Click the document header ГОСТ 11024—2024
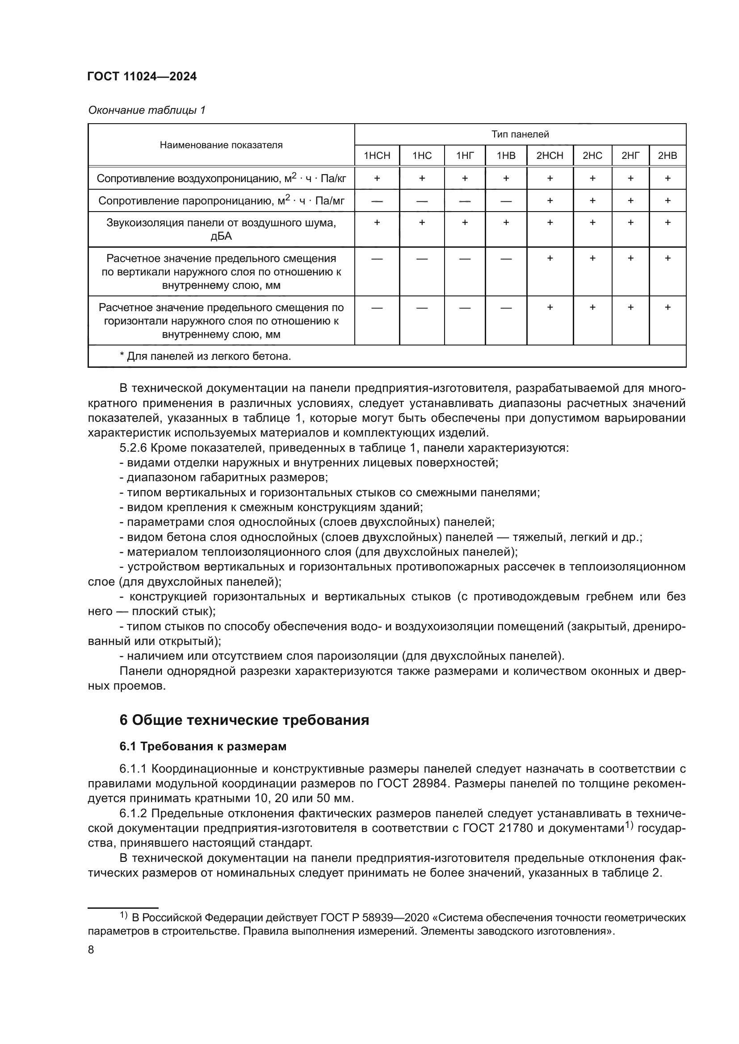point(142,77)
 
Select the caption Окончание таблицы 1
point(147,110)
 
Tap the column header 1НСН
point(377,156)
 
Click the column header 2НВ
point(667,156)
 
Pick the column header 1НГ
point(465,156)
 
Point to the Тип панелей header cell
point(520,135)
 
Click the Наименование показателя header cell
point(221,145)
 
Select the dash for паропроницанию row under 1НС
point(422,201)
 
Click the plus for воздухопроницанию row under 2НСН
point(550,179)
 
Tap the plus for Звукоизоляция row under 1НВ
point(506,223)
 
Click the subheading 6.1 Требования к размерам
point(203,747)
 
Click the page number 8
point(91,950)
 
